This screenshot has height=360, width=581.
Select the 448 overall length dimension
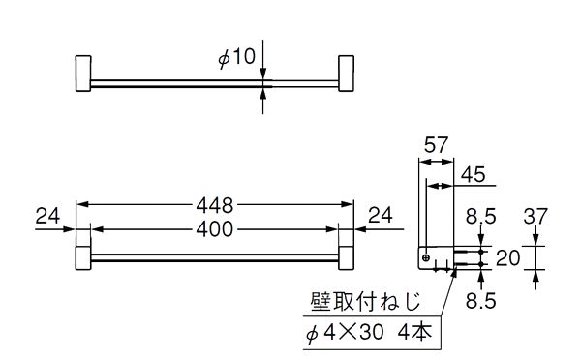click(x=215, y=205)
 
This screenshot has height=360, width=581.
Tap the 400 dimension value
click(x=215, y=230)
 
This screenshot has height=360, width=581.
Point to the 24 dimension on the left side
click(x=48, y=218)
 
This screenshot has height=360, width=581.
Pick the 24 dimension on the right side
click(x=382, y=218)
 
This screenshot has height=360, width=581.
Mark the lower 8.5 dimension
click(x=478, y=301)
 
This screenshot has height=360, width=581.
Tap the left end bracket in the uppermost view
click(x=82, y=75)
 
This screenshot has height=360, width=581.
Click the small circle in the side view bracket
click(x=426, y=257)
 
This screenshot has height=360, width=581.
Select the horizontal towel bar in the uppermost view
click(x=213, y=81)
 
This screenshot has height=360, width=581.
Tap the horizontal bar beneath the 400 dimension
click(x=213, y=258)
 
